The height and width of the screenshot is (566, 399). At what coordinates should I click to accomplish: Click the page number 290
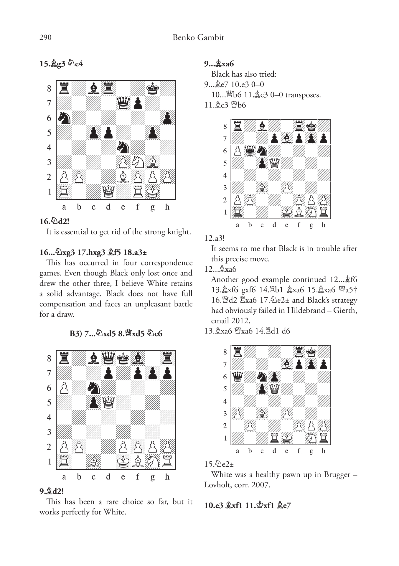45,38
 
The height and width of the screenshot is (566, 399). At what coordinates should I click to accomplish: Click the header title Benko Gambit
198,38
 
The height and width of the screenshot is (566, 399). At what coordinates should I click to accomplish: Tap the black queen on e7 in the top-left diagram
123,103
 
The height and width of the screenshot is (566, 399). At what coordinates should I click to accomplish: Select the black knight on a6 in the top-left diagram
64,118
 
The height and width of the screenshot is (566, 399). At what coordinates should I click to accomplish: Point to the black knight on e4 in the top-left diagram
123,147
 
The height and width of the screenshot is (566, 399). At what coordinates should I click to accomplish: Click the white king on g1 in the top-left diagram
152,192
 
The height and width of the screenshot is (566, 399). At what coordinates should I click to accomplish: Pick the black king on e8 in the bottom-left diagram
123,358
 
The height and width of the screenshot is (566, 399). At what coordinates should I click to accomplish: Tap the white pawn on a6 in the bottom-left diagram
64,388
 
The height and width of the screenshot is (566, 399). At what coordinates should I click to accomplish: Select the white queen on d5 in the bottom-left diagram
108,402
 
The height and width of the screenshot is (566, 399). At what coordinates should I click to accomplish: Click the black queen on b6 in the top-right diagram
250,151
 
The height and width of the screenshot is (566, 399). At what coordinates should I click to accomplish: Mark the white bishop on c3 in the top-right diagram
262,187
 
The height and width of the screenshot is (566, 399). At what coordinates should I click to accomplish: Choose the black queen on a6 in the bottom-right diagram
238,377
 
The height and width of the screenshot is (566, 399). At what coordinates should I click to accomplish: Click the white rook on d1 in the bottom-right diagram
274,438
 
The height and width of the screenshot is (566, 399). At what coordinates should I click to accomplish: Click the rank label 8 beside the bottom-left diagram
49,359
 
